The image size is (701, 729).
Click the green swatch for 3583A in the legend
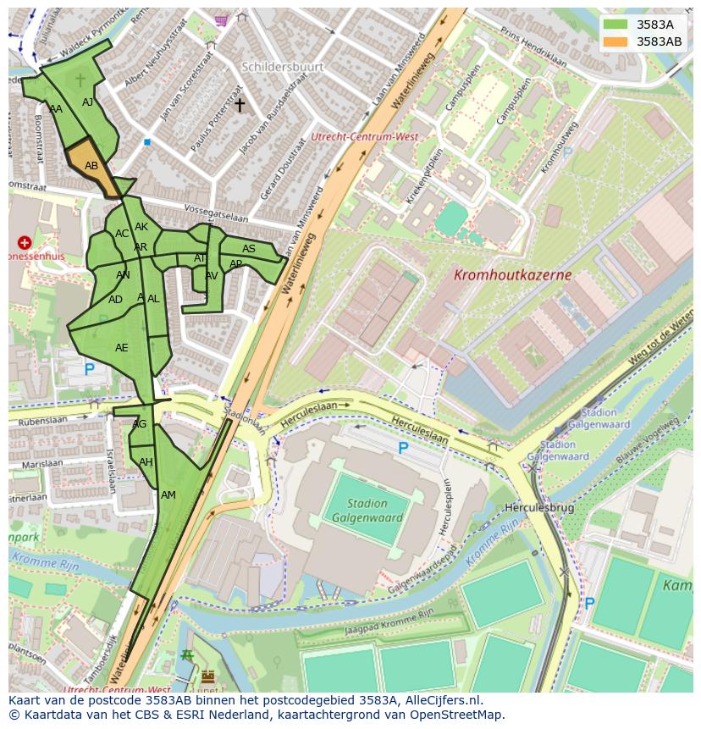pos(615,25)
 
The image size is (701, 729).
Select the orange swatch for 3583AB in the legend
pos(615,41)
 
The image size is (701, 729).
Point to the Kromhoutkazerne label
pos(512,275)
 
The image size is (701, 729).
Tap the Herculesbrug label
pos(539,508)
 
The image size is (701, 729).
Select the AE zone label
pos(122,348)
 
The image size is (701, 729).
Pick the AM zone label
pos(168,495)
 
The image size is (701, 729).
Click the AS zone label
pos(249,249)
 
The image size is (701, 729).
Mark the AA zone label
pos(56,109)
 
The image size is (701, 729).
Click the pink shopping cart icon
pos(222,19)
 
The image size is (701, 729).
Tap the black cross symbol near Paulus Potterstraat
pos(240,105)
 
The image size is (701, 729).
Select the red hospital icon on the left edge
pos(25,243)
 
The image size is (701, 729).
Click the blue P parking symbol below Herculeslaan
pos(403,448)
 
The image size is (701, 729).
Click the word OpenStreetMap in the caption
pos(453,715)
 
